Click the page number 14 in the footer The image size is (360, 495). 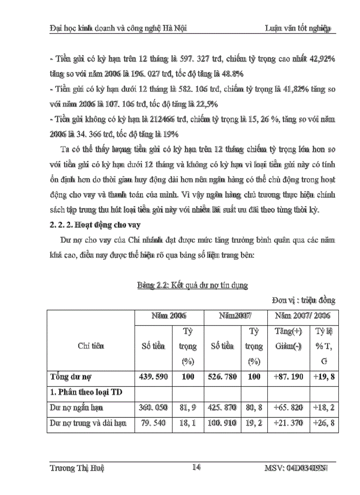(197, 468)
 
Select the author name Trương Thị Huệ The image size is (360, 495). (77, 469)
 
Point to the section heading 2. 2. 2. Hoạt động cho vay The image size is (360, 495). (94, 225)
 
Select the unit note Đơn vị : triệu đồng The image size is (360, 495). (303, 301)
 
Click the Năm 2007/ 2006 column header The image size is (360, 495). (301, 316)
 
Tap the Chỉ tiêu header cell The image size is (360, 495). (91, 346)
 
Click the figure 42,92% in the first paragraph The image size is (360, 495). (321, 59)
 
